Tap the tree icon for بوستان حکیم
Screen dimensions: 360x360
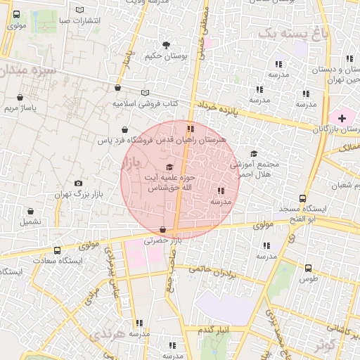[166, 45]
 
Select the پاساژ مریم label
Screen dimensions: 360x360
[20, 108]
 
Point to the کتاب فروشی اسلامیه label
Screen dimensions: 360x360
[145, 103]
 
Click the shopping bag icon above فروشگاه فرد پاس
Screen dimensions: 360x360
[124, 130]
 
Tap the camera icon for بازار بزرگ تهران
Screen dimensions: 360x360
[78, 183]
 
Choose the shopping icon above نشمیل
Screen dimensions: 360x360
[30, 211]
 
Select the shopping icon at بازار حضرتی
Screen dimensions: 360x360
[163, 230]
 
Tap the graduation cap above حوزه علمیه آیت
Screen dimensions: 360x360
[169, 167]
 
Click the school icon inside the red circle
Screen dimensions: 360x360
[221, 191]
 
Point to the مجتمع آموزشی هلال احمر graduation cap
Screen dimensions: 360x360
[254, 153]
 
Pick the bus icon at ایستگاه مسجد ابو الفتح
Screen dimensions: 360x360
[302, 198]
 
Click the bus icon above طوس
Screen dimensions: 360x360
[309, 267]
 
